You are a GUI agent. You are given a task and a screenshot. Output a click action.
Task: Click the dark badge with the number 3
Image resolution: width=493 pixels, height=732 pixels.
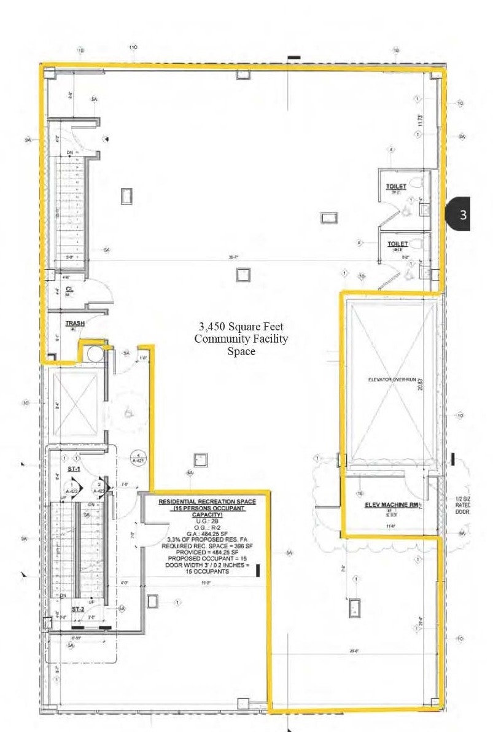(x=463, y=214)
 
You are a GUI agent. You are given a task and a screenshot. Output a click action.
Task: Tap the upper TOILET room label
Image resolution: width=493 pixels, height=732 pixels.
(x=397, y=186)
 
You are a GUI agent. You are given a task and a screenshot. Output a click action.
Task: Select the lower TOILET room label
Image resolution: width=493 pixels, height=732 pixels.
(x=397, y=244)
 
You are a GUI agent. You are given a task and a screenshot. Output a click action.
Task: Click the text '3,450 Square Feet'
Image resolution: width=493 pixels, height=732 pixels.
(x=241, y=327)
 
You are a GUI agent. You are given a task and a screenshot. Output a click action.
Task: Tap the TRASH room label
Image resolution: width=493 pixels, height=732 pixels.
(x=75, y=323)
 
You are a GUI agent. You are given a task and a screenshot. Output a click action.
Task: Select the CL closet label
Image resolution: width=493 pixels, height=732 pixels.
(x=69, y=288)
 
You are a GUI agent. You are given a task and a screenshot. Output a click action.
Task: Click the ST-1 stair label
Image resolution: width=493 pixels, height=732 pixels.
(x=74, y=470)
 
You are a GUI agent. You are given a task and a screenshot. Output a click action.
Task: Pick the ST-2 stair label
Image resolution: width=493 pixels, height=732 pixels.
(x=77, y=609)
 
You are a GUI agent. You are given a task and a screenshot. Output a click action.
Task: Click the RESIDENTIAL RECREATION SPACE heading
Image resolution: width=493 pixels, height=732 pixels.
(x=207, y=502)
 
